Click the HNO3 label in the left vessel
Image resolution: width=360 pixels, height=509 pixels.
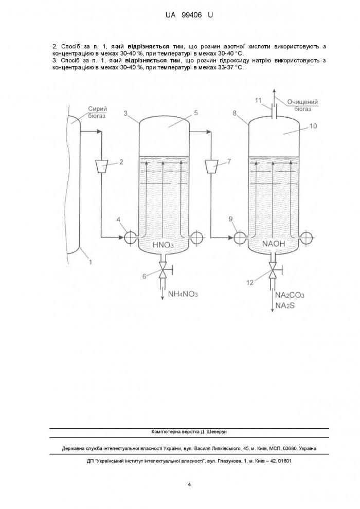[x=163, y=245]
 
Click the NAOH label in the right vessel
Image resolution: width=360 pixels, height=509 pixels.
[x=273, y=244]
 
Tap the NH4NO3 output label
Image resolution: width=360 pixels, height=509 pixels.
[x=183, y=294]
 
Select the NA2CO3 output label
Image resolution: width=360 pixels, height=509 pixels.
[x=290, y=295]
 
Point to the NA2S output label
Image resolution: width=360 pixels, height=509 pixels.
[x=285, y=305]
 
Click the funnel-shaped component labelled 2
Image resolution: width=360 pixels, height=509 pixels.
[x=102, y=167]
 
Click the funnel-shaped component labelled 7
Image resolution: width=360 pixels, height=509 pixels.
[x=212, y=167]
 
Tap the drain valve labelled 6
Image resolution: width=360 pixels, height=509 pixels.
[x=163, y=270]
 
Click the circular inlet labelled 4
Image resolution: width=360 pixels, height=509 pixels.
[x=130, y=238]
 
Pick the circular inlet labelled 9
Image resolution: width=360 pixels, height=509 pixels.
[x=240, y=238]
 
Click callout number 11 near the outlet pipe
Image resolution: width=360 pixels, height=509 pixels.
[x=258, y=101]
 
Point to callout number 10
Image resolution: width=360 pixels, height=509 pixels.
[x=313, y=126]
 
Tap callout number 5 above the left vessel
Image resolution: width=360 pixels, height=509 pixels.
[x=196, y=113]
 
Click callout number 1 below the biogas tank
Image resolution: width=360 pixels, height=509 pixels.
[x=91, y=261]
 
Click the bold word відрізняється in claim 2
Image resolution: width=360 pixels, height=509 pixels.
[x=148, y=46]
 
